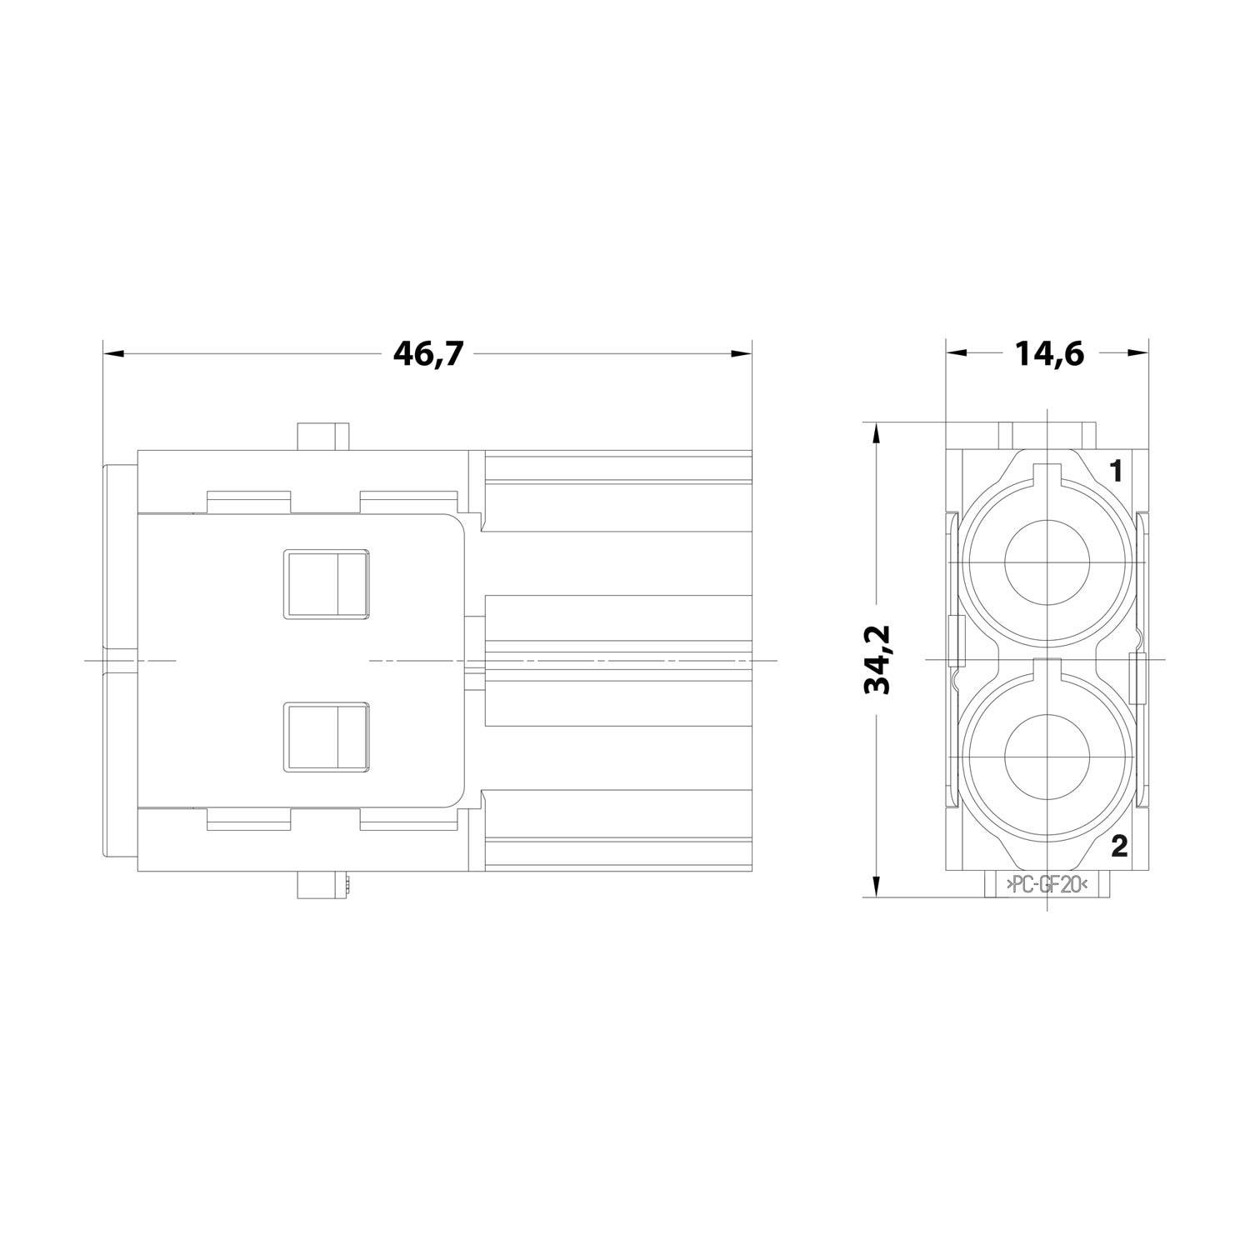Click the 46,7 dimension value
[427, 354]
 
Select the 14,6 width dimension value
[1048, 354]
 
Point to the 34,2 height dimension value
[879, 658]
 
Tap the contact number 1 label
[1117, 472]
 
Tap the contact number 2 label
[1118, 847]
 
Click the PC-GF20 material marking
[1047, 886]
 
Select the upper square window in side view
[327, 584]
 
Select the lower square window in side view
[327, 737]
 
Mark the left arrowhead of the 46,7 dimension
[112, 354]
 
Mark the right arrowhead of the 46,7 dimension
[741, 354]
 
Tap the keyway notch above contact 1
[1047, 475]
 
